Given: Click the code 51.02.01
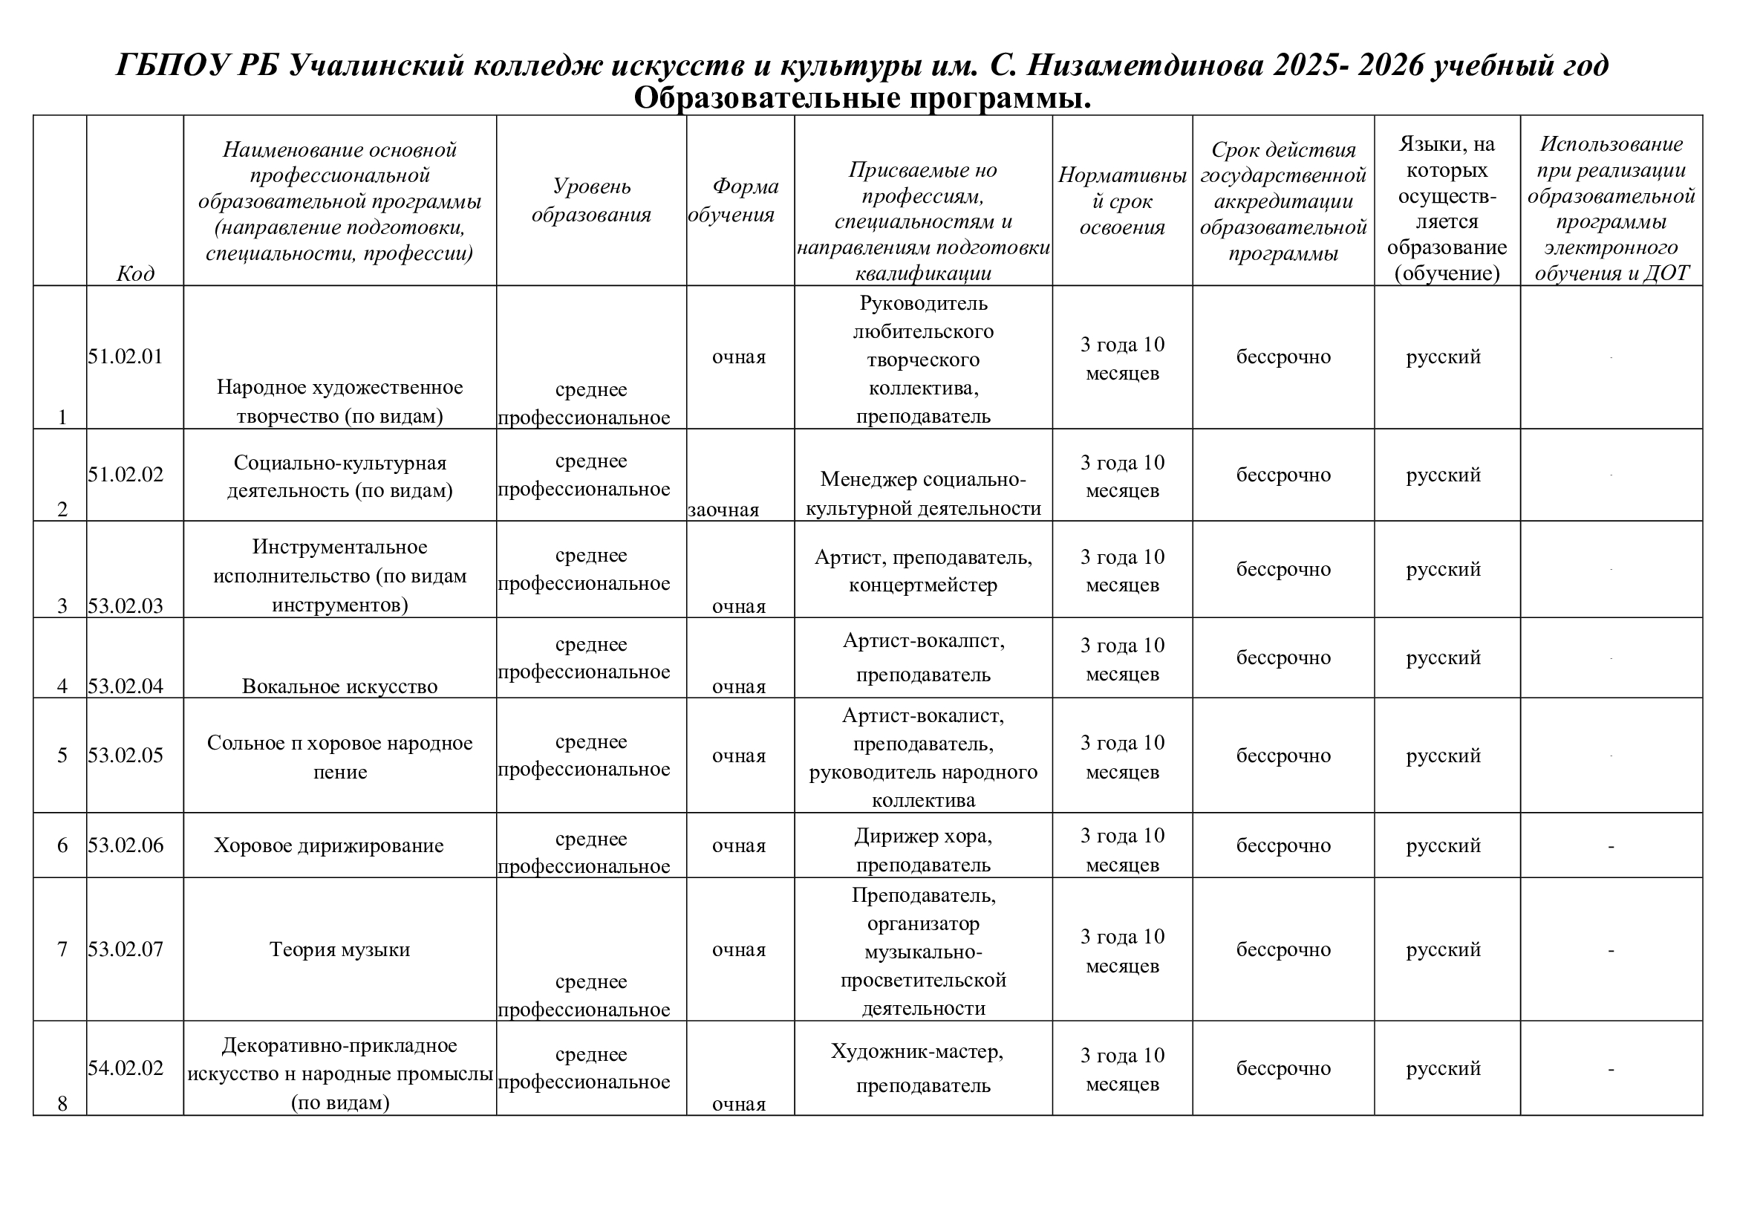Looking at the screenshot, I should coord(126,357).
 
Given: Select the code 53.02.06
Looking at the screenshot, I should coord(126,845).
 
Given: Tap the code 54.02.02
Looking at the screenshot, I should coord(126,1068).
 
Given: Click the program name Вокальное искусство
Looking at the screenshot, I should coord(339,686).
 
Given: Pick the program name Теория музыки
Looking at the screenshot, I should coord(339,949).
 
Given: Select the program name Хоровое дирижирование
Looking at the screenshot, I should coord(328,845).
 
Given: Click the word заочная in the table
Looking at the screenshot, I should coord(723,510).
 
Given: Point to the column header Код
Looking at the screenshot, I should coord(135,273).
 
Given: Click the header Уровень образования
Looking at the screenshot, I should coord(591,201).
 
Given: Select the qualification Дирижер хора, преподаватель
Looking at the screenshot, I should coord(923,851).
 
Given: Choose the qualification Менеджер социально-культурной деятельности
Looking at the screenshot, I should coord(923,493).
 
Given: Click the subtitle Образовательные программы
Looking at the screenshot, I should coord(862,98).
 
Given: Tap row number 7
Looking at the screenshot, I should coord(63,949).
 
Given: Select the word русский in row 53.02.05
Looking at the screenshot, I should coord(1444,756).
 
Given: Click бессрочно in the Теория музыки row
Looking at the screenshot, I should coord(1283,949).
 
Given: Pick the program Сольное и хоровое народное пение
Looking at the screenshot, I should coord(339,756).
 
